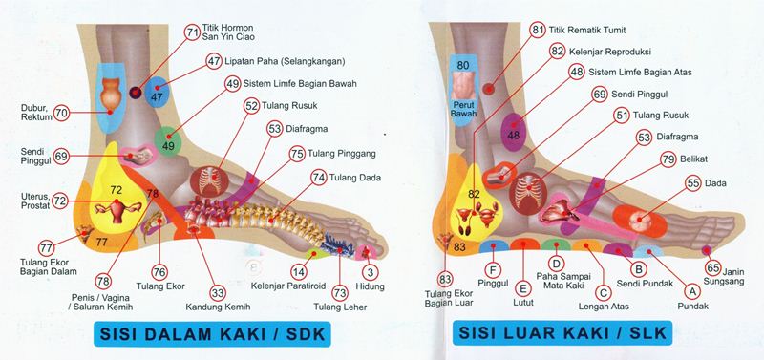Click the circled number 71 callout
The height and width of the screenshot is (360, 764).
pyautogui.click(x=193, y=32)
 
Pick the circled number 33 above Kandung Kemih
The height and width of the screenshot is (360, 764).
pyautogui.click(x=217, y=293)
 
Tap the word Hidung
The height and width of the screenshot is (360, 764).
pyautogui.click(x=370, y=286)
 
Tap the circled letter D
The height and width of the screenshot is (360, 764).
pyautogui.click(x=553, y=261)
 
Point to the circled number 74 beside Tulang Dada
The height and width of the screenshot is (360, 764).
pyautogui.click(x=319, y=177)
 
